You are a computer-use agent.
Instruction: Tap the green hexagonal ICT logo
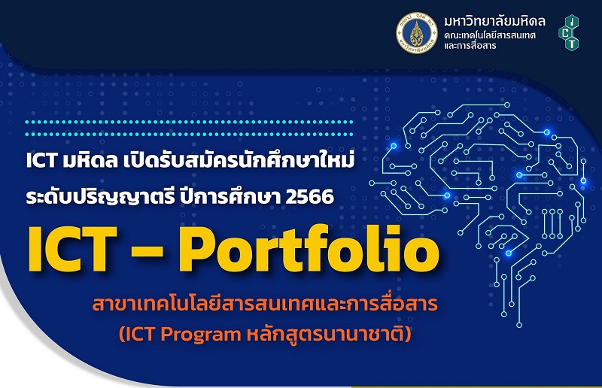569,34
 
